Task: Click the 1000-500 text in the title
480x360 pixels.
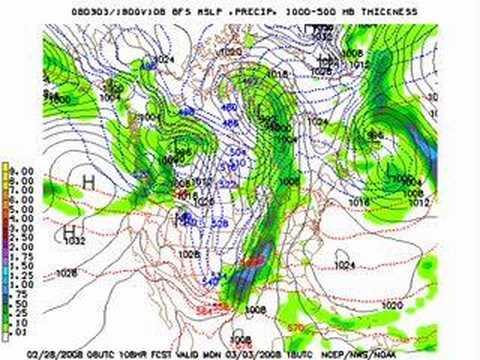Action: (x=313, y=10)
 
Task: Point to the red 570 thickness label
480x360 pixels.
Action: (x=351, y=327)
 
